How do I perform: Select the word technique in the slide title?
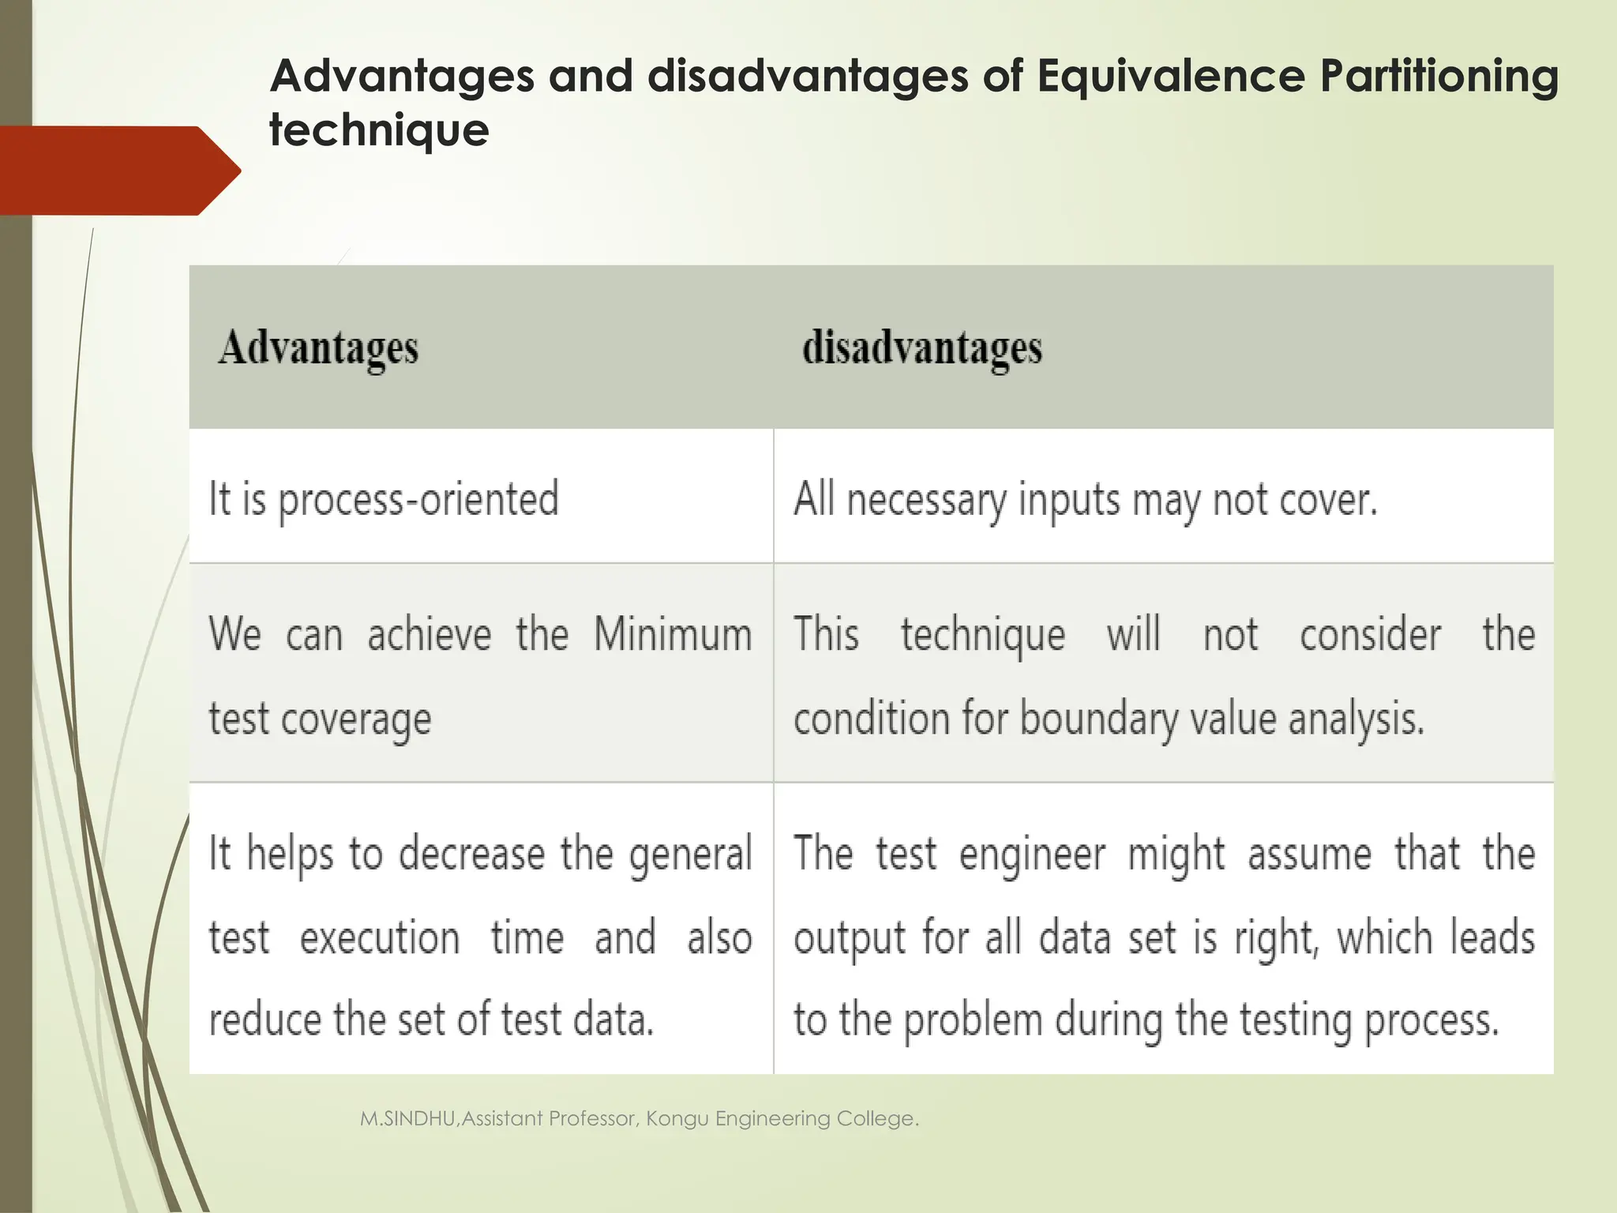tap(379, 130)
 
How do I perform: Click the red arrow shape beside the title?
tap(118, 171)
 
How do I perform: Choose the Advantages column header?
tap(318, 348)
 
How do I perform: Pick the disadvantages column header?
tap(921, 348)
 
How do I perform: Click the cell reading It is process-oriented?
tap(384, 499)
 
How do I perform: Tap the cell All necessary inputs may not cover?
tap(1085, 500)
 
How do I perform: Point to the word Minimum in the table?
tap(673, 634)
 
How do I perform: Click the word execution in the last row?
tap(380, 938)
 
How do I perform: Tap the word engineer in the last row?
tap(1032, 854)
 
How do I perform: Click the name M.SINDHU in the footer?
tap(407, 1118)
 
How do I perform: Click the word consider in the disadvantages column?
tap(1370, 634)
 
